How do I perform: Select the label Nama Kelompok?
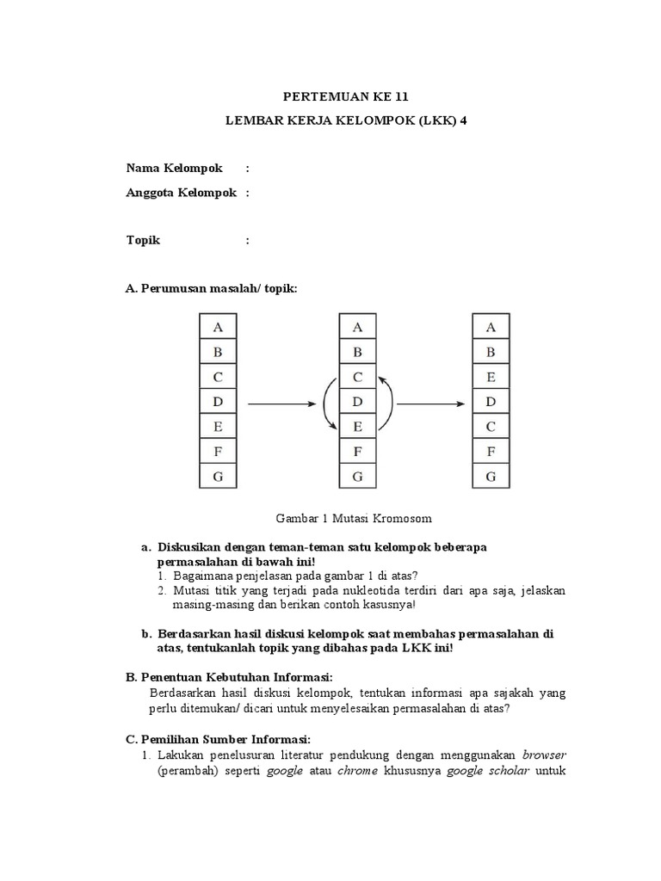pyautogui.click(x=174, y=167)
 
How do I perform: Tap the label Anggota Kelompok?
pyautogui.click(x=182, y=193)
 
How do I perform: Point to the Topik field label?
pyautogui.click(x=143, y=240)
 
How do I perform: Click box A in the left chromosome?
pyautogui.click(x=218, y=327)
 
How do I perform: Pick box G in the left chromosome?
pyautogui.click(x=218, y=476)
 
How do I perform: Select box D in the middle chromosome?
pyautogui.click(x=357, y=402)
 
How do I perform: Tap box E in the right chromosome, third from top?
pyautogui.click(x=491, y=377)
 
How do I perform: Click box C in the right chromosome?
pyautogui.click(x=491, y=426)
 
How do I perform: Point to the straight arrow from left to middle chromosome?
pyautogui.click(x=281, y=402)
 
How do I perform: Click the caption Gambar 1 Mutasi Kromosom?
pyautogui.click(x=353, y=518)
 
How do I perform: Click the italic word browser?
pyautogui.click(x=543, y=754)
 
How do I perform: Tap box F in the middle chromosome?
pyautogui.click(x=357, y=451)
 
